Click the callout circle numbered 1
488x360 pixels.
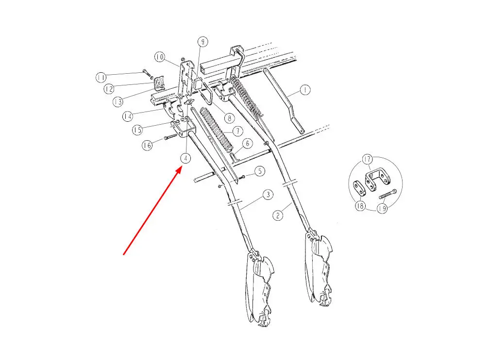pyautogui.click(x=304, y=90)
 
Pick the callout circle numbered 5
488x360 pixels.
pyautogui.click(x=260, y=171)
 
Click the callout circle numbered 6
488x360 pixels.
pyautogui.click(x=247, y=143)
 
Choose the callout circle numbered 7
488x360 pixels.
pyautogui.click(x=237, y=131)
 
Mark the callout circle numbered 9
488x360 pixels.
pyautogui.click(x=203, y=42)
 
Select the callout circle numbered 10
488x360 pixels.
pyautogui.click(x=160, y=57)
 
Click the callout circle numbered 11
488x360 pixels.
pyautogui.click(x=101, y=77)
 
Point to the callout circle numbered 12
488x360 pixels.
pyautogui.click(x=108, y=89)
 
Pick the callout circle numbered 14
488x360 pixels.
pyautogui.click(x=128, y=116)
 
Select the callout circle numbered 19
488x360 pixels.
pyautogui.click(x=382, y=209)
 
